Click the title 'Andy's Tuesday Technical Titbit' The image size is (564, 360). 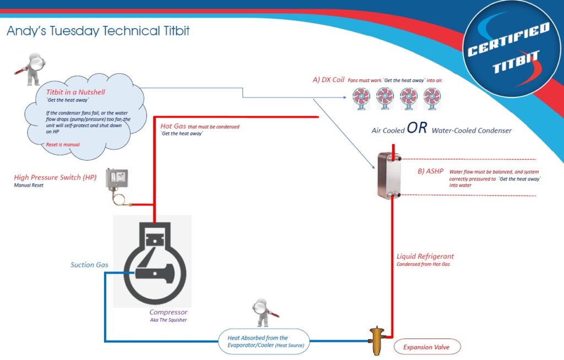tap(98, 31)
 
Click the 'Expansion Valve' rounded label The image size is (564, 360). tap(426, 347)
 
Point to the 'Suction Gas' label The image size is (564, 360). tap(89, 265)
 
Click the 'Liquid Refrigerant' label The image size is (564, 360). tap(425, 256)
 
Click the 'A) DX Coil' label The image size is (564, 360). tap(328, 79)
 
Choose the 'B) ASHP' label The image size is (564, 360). tap(431, 171)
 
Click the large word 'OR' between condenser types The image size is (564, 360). tap(417, 128)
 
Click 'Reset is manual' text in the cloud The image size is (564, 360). tap(62, 144)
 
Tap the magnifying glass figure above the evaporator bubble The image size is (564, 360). tap(263, 314)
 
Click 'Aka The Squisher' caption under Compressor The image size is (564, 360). tap(169, 320)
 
